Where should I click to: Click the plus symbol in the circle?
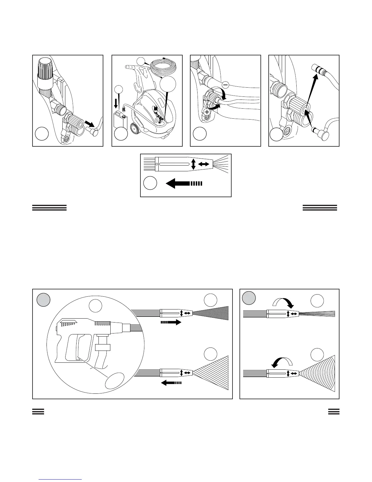pos(207,112)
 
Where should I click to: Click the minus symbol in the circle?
pos(226,85)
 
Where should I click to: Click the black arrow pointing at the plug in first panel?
pos(89,124)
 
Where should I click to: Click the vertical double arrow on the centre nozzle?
pos(193,164)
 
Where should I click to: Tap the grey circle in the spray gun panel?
pos(43,300)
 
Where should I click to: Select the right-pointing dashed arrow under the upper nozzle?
pos(171,322)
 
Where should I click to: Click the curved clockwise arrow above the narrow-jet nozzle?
pos(283,303)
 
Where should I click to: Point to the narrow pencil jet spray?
pos(318,313)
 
